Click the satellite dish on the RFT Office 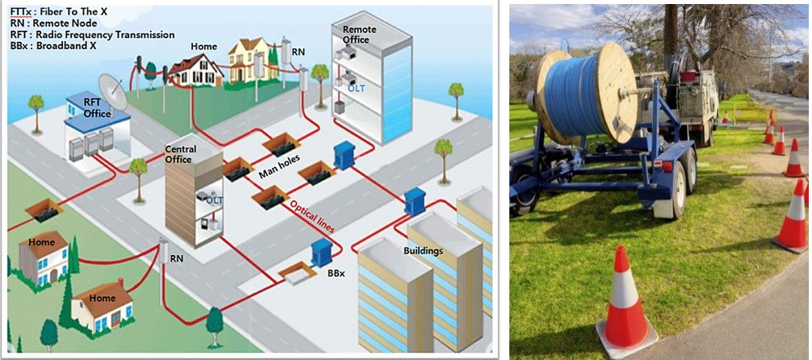[x=111, y=90]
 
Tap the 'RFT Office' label [x=97, y=108]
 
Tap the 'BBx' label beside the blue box [x=337, y=273]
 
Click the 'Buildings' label [x=423, y=250]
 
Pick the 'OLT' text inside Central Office [x=215, y=199]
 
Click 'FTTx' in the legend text [x=22, y=11]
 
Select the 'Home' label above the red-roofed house [x=203, y=47]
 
